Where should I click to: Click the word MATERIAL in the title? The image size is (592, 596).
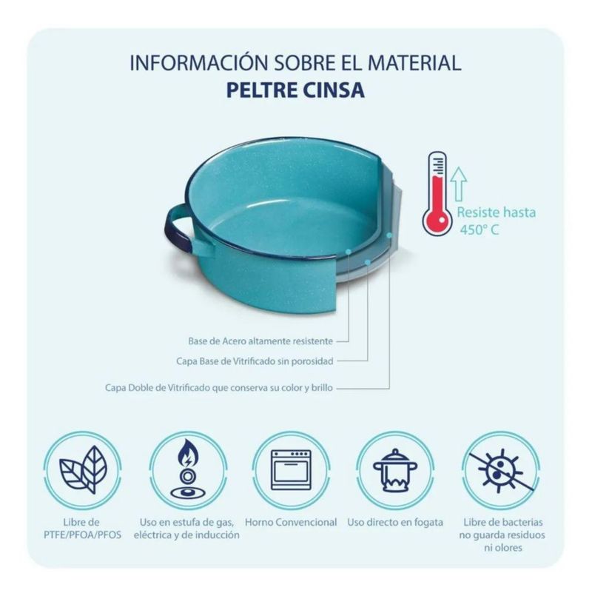(414, 63)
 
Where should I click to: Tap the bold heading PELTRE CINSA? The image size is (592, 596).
(295, 90)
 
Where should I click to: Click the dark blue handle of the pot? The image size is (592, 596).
(173, 228)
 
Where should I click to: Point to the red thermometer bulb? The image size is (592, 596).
(437, 221)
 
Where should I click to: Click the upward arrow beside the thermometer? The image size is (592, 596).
(459, 184)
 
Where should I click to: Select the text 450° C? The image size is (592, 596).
(479, 230)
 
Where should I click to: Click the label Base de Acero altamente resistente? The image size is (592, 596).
(260, 341)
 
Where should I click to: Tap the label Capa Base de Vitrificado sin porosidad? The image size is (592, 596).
(255, 361)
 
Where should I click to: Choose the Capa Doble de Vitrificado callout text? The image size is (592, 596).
(219, 388)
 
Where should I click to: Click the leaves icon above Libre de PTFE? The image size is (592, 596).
(82, 470)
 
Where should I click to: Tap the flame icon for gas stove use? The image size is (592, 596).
(188, 470)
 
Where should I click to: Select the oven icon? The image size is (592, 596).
(291, 470)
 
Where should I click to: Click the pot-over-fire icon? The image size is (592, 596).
(395, 471)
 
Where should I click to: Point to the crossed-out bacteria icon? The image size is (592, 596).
(501, 470)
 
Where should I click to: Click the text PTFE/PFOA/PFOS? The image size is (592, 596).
(82, 535)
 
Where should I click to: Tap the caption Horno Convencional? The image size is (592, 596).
(291, 522)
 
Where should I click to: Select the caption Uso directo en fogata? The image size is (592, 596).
(395, 522)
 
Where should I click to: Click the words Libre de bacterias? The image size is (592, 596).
(503, 522)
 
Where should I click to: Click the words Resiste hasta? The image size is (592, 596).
(497, 212)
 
